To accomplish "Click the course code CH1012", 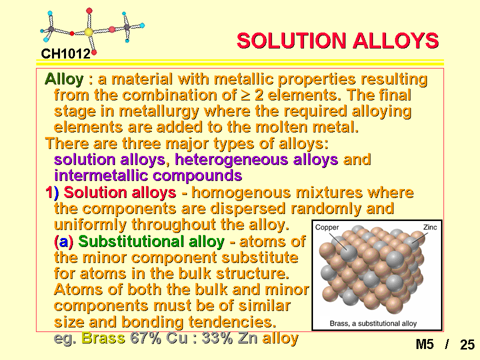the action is coord(66,54).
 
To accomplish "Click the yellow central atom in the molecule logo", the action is coord(88,32).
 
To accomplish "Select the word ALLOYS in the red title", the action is coord(396,40).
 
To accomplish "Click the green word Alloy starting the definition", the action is coord(64,79).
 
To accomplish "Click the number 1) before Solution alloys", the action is coord(52,192).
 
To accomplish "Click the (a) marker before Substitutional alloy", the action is coord(63,241).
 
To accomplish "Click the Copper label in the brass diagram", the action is coord(327,227).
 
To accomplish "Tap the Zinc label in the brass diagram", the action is coord(430,227).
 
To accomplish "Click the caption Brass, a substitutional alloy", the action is coord(373,323).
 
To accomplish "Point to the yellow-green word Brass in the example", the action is coord(103,338).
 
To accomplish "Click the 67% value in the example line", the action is coord(145,338).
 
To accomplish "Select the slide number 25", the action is coord(467,344).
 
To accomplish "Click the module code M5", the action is coord(424,344).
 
